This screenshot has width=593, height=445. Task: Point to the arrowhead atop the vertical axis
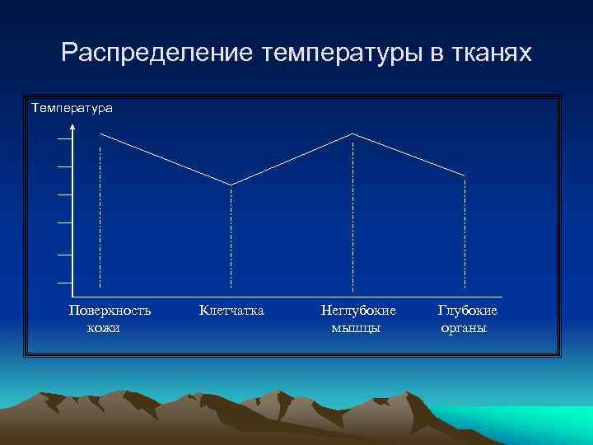point(73,127)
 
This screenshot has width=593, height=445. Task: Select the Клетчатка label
point(231,311)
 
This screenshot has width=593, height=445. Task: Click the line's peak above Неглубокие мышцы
point(353,133)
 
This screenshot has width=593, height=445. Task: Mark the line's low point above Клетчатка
point(231,184)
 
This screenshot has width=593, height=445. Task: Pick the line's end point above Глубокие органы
point(465,176)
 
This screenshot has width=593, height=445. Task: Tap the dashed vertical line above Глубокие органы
point(465,231)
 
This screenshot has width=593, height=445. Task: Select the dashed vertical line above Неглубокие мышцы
point(353,214)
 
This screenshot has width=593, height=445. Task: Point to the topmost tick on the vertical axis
point(64,138)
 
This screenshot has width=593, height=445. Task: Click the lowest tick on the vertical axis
point(64,283)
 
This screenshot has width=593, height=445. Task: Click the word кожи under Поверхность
point(103,328)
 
